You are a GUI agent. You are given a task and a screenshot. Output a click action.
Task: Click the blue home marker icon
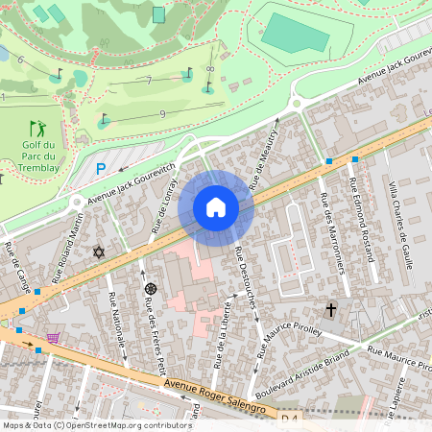(x=215, y=207)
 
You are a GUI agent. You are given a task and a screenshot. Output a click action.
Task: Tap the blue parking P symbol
(x=100, y=169)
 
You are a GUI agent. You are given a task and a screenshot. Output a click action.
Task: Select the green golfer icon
(x=37, y=127)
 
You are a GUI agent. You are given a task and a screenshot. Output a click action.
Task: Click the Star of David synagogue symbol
(x=97, y=252)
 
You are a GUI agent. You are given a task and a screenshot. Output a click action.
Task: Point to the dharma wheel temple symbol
(x=150, y=288)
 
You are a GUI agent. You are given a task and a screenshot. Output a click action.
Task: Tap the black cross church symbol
(x=331, y=309)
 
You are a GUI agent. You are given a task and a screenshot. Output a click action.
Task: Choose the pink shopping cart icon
(x=53, y=338)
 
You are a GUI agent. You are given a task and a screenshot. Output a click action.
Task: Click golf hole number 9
(x=162, y=114)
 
